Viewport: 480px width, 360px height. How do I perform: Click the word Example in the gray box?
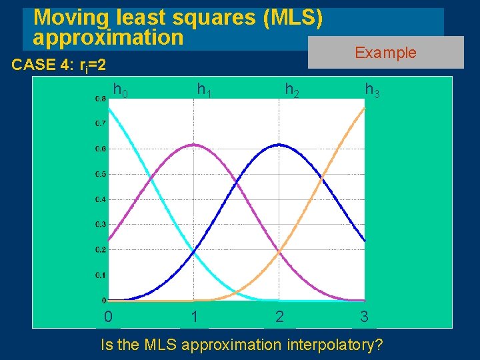coord(385,53)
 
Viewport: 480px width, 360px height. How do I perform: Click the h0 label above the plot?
coord(121,89)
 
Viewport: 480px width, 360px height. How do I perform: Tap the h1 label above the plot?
coord(204,89)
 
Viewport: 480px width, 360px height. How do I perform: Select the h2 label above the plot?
coord(292,89)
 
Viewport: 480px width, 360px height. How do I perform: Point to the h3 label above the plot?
coord(372,89)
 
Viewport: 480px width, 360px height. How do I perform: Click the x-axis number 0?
coord(108,317)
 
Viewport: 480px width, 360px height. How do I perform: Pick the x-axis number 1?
coord(194,317)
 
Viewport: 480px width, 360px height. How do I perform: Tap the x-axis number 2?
coord(279,317)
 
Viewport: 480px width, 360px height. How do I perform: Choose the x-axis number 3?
coord(364,317)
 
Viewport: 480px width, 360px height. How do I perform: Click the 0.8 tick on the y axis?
coord(99,99)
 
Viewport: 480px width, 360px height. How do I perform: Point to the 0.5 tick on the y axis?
coord(99,174)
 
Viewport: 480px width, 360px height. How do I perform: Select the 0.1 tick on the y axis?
coord(99,275)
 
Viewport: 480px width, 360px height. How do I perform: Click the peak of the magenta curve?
coord(193,145)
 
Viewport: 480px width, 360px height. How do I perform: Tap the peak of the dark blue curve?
coord(279,145)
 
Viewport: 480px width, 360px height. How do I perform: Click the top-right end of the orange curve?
coord(364,108)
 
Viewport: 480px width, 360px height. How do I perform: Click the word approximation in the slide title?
coord(107,37)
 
